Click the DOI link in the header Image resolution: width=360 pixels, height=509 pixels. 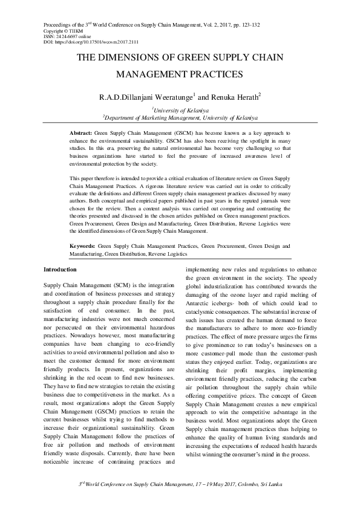[x=97, y=41]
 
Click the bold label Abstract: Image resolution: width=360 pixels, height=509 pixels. [x=80, y=132]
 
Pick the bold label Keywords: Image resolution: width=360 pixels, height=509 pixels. [x=82, y=247]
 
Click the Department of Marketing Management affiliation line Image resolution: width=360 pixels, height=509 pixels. [x=180, y=117]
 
